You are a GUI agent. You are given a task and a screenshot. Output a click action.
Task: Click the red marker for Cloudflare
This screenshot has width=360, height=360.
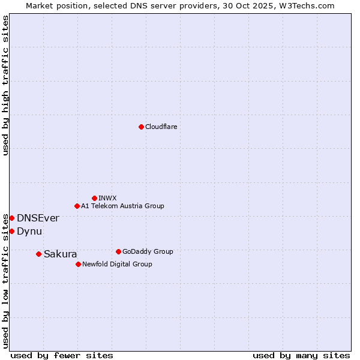coord(141,127)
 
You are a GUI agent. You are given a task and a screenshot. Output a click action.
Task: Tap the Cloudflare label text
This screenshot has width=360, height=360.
coord(161,127)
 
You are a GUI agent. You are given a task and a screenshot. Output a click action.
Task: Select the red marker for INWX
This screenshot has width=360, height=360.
coord(94,198)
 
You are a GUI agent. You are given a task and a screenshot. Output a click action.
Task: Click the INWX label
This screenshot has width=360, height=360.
coord(107,198)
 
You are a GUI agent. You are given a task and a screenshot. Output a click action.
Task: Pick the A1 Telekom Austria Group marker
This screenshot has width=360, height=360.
coord(77,206)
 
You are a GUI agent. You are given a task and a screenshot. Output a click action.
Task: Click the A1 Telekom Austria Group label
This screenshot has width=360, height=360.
coord(122,206)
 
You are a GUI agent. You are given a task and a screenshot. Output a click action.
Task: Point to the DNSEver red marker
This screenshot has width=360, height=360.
coord(11,218)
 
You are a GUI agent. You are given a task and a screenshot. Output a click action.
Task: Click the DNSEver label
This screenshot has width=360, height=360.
coord(38,218)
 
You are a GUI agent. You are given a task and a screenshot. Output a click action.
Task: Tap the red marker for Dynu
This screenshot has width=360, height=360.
coord(11,231)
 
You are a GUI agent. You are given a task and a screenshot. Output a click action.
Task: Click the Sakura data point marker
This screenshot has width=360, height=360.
coord(38,254)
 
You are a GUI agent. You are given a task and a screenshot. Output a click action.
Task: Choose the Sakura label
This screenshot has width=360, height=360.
coord(60,254)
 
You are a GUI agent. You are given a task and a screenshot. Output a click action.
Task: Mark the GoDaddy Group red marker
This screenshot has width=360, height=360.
coord(118,251)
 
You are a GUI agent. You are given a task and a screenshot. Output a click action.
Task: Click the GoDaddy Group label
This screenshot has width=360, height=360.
coord(147,251)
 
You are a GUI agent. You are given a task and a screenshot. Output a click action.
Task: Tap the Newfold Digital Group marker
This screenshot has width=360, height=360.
coord(78,264)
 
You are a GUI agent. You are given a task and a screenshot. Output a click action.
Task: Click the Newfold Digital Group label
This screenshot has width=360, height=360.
coord(117,264)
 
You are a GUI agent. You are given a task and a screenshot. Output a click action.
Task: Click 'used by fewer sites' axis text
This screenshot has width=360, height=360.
coord(62,355)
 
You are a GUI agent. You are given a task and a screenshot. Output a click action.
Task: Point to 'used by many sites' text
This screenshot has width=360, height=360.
coord(301,355)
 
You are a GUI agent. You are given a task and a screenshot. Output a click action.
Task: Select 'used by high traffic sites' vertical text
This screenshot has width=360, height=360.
coord(5,85)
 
